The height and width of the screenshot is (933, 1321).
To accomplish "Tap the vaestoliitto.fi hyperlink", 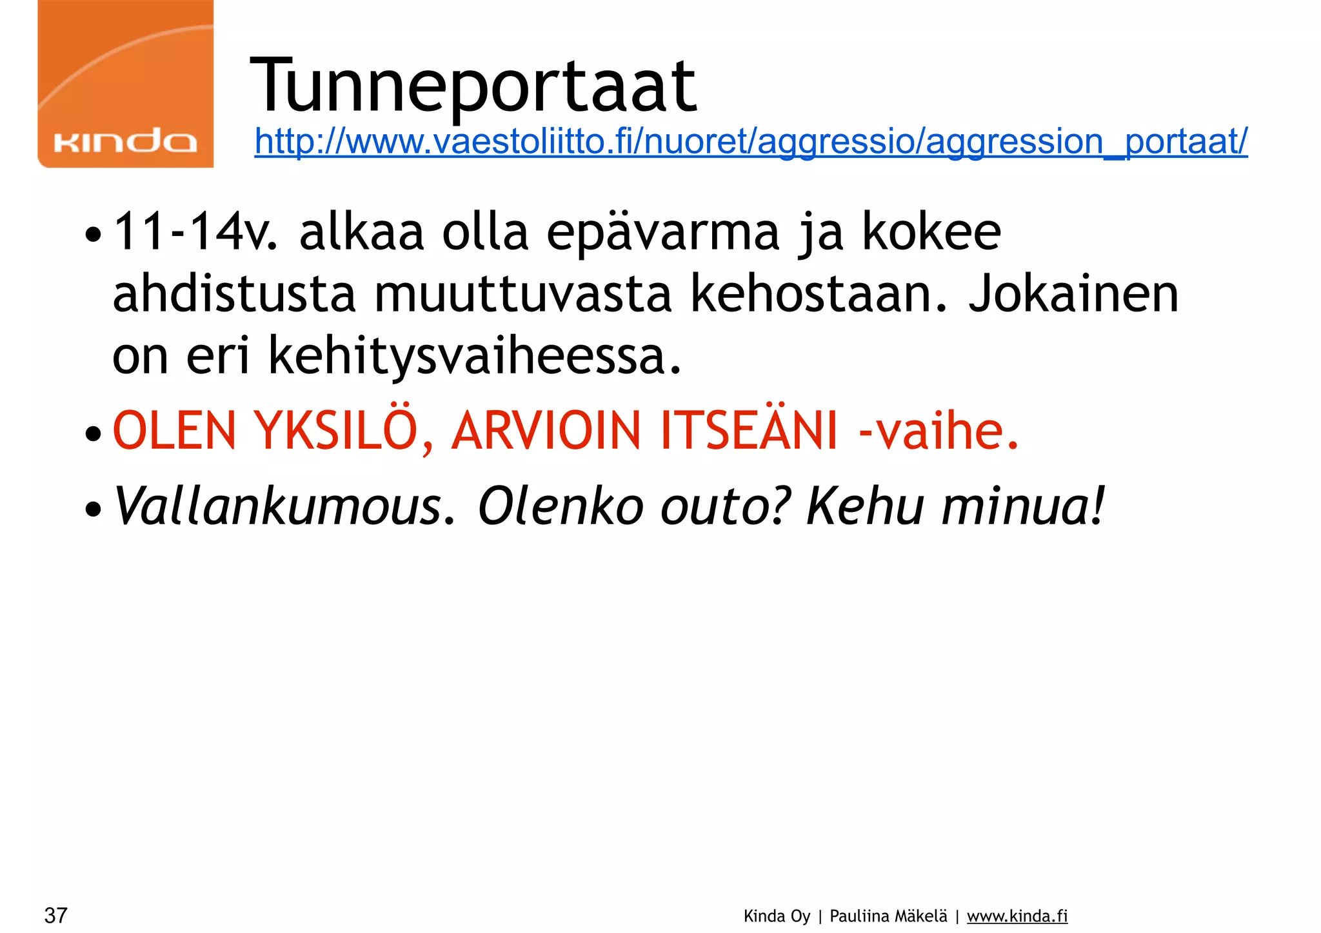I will [751, 141].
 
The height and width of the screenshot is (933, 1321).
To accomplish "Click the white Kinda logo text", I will [125, 141].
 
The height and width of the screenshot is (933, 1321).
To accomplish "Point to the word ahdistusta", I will [234, 294].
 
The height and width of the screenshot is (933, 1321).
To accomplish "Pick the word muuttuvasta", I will [523, 294].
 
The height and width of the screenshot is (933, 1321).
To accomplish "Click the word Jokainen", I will [1073, 294].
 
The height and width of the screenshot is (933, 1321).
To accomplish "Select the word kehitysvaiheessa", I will [474, 357].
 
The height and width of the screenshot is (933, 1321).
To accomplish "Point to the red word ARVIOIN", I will [546, 431].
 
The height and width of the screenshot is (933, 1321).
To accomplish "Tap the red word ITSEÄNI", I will [748, 431].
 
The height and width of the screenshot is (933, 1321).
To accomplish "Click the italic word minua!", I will [1022, 506].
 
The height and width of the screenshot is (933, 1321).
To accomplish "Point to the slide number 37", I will [56, 915].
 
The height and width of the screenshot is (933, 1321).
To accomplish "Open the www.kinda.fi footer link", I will [1017, 916].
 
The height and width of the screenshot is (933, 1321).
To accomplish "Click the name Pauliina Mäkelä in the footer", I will [888, 916].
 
